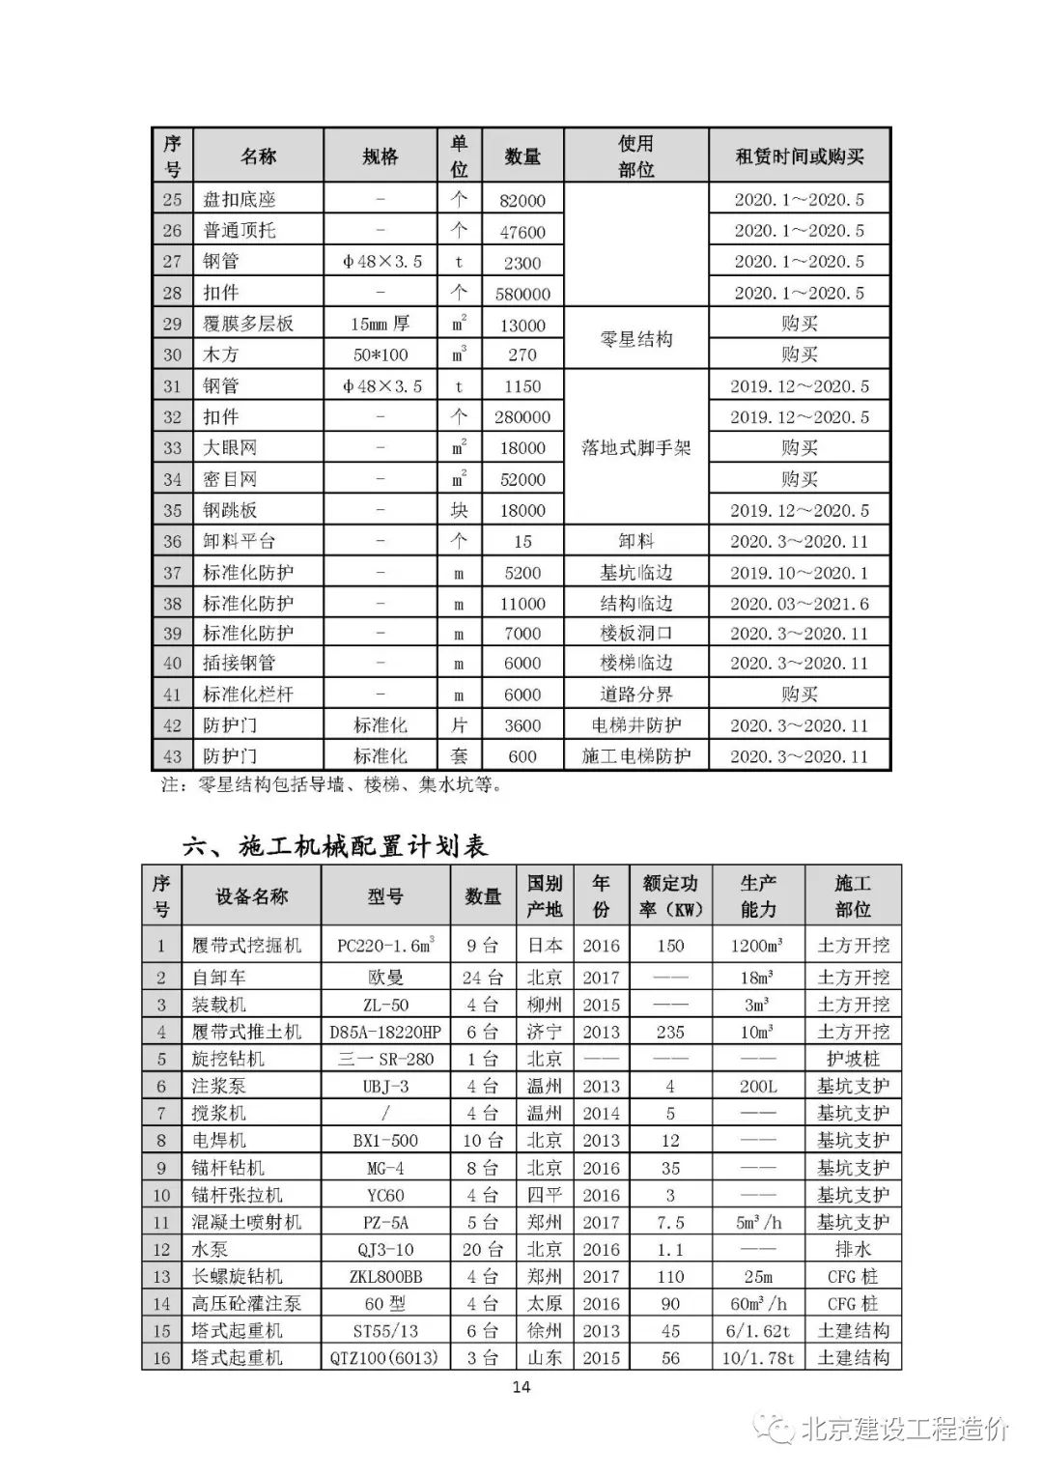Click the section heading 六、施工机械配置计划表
(335, 846)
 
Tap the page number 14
(521, 1388)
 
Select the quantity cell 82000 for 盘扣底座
(522, 200)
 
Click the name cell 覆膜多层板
(248, 325)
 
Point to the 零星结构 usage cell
(635, 339)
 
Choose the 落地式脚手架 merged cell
(635, 447)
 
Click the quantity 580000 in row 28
(522, 294)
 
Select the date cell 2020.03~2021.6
(800, 604)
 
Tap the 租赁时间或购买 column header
(800, 156)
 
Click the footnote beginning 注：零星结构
(331, 785)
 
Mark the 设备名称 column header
(251, 896)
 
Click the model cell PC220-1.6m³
(385, 946)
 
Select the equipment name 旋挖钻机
(228, 1059)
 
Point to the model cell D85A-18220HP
(385, 1032)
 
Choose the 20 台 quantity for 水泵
(483, 1249)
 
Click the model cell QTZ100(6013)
(385, 1357)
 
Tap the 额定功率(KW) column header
(670, 896)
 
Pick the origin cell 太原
(545, 1303)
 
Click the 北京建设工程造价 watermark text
(905, 1430)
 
